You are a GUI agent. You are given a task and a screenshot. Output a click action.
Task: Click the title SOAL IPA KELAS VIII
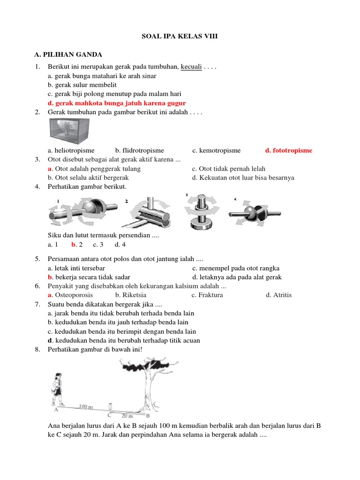point(180,36)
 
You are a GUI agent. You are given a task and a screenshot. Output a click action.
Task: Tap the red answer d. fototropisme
point(288,150)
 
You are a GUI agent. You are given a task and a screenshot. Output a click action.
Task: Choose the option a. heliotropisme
point(71,150)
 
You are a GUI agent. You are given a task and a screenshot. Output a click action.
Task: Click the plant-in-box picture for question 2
point(69,130)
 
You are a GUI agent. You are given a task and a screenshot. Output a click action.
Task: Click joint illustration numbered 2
point(147,213)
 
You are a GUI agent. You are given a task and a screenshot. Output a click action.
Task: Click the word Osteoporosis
point(74,295)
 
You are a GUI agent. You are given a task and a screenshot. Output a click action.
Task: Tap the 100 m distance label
point(86,406)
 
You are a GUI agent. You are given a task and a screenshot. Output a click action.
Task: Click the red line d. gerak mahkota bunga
point(117,103)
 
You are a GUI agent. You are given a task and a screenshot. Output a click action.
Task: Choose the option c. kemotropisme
point(216,150)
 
